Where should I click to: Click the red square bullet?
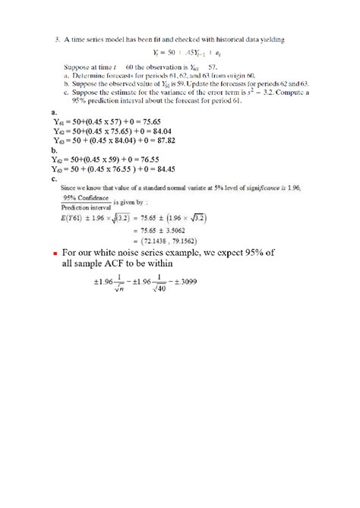(x=55, y=254)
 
